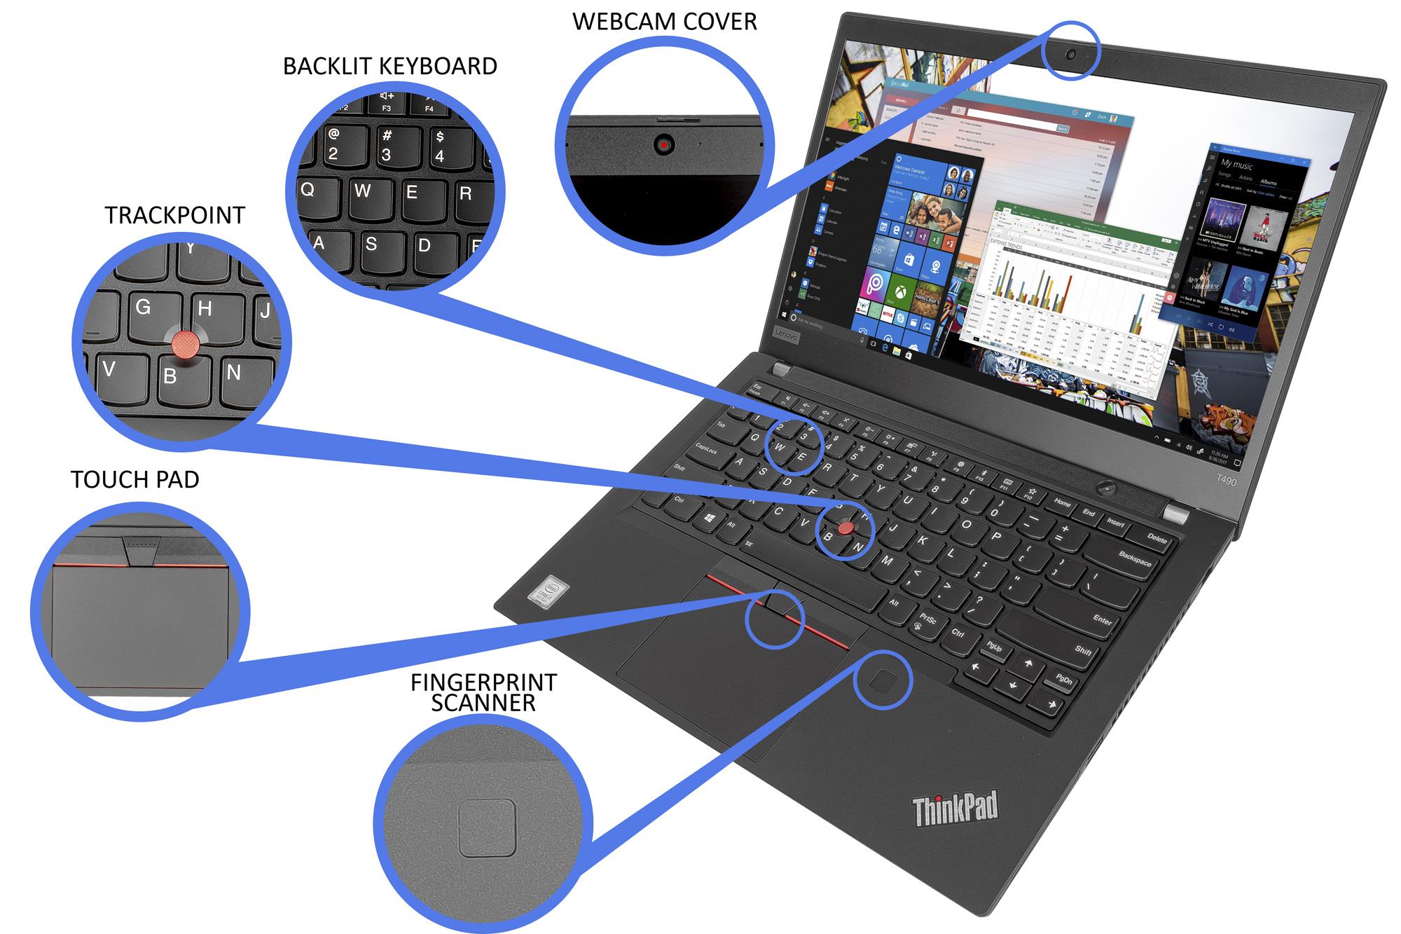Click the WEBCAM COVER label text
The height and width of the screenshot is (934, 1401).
[664, 22]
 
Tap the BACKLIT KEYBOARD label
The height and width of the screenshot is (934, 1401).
[389, 66]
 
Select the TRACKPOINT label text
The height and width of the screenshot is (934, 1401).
[174, 215]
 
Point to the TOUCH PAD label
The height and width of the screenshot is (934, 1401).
[134, 479]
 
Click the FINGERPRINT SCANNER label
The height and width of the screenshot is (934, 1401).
[483, 692]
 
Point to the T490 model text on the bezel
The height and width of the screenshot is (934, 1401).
[1226, 481]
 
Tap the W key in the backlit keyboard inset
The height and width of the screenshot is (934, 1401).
[361, 191]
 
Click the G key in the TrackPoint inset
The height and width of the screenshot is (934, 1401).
[144, 307]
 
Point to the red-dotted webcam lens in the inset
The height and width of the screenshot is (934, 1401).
[663, 145]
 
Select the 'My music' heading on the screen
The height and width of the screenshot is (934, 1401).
[1236, 165]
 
